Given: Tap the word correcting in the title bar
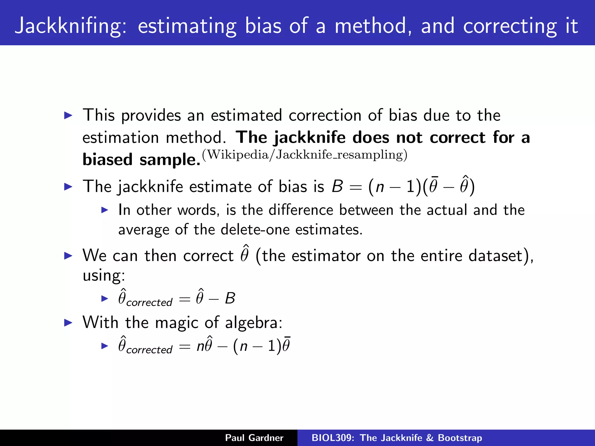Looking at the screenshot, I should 510,26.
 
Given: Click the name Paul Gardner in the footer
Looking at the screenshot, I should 254,438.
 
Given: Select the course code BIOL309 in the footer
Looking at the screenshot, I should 332,438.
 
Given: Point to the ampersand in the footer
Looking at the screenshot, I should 430,438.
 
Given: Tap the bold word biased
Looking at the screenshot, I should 107,160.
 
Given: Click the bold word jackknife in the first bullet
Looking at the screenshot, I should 309,138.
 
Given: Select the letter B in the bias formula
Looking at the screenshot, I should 337,186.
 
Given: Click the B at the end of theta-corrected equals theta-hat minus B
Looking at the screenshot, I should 230,298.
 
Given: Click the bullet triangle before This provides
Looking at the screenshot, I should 68,116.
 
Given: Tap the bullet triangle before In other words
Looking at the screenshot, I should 105,210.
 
